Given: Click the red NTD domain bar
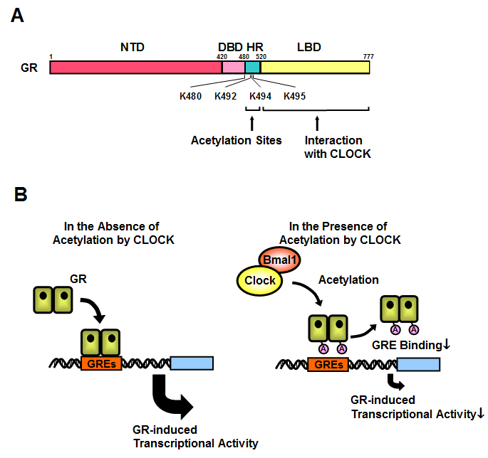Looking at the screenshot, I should pyautogui.click(x=135, y=68).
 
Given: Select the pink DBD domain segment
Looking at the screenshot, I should pyautogui.click(x=233, y=68).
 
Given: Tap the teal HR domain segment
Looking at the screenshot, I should pyautogui.click(x=253, y=68).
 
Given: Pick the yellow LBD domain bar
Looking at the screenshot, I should pyautogui.click(x=315, y=68).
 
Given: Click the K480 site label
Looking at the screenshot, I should pyautogui.click(x=192, y=95).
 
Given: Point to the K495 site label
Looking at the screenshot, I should pyautogui.click(x=295, y=95).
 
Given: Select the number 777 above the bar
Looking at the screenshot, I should pyautogui.click(x=368, y=56).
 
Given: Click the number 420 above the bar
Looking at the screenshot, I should pyautogui.click(x=222, y=56).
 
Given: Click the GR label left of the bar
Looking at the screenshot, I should pyautogui.click(x=28, y=68).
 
